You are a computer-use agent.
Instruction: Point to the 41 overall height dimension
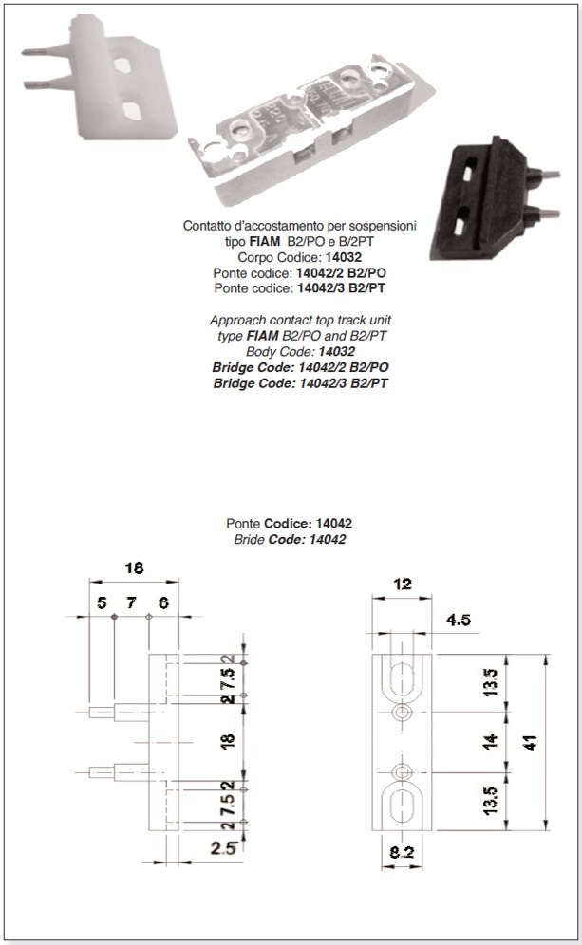(x=532, y=743)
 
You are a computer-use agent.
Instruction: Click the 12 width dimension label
(x=403, y=584)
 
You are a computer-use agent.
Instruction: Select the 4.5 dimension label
(x=459, y=620)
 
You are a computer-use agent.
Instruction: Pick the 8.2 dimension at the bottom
(x=402, y=852)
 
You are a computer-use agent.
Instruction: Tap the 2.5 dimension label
(x=223, y=848)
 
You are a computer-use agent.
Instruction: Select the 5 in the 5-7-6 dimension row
(x=102, y=602)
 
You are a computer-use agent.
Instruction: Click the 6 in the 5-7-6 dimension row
(x=163, y=602)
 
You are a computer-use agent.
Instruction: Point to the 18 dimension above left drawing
(x=134, y=567)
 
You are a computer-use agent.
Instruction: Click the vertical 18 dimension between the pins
(x=228, y=741)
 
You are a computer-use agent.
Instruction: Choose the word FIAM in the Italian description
(x=265, y=242)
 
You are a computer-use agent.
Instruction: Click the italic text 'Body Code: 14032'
(x=300, y=351)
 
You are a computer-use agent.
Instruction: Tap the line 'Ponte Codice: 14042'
(x=289, y=523)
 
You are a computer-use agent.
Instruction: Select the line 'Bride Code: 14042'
(x=290, y=539)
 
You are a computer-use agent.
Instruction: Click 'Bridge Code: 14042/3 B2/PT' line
(x=300, y=383)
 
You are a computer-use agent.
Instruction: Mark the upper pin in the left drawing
(x=120, y=712)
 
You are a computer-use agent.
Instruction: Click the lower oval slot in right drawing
(x=402, y=806)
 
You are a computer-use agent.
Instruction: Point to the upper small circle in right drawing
(x=402, y=713)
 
